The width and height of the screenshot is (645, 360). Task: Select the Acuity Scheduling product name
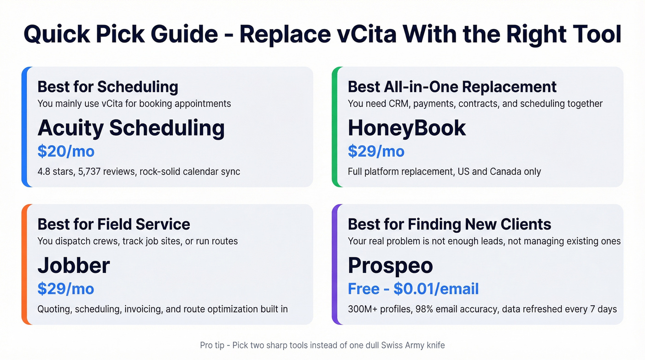tap(131, 128)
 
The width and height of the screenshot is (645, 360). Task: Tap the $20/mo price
tap(66, 151)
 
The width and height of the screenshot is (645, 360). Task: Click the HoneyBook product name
tap(407, 128)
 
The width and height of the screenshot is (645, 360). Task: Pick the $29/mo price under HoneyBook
tap(376, 151)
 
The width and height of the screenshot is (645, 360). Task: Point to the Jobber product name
tap(74, 266)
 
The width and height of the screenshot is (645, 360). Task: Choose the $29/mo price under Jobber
tap(66, 289)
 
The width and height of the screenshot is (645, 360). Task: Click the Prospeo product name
tap(390, 266)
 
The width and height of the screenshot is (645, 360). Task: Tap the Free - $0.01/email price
tap(413, 289)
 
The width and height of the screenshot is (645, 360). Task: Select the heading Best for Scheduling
tap(108, 87)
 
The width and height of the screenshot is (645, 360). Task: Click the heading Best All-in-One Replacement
tap(452, 87)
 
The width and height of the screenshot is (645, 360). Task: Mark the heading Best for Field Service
tap(114, 224)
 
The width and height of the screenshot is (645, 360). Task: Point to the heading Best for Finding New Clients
tap(449, 224)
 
